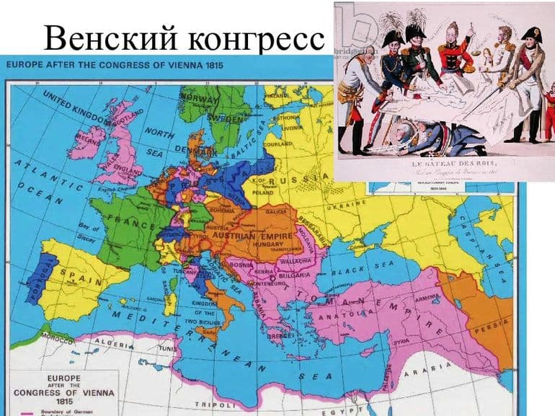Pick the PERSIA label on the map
click(495, 324)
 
